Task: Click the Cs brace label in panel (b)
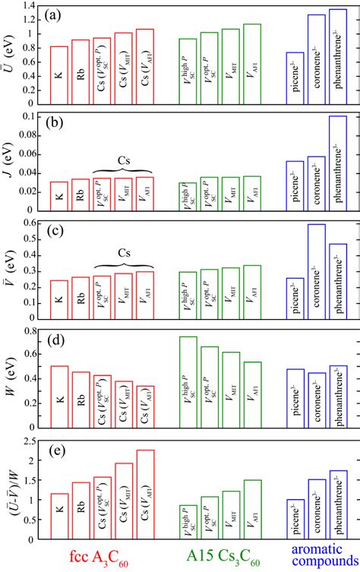coord(123,163)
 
